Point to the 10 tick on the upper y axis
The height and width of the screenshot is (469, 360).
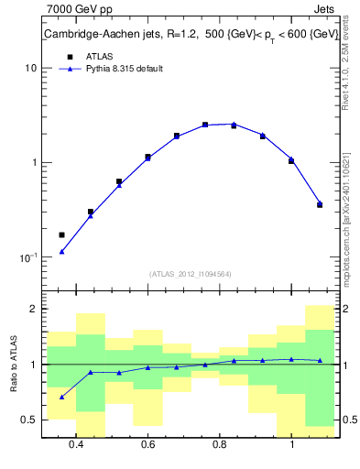[30, 69]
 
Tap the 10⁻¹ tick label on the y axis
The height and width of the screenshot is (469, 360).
[27, 257]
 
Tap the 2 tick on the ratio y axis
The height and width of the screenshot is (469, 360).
[33, 310]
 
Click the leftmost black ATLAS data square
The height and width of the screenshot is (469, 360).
[61, 235]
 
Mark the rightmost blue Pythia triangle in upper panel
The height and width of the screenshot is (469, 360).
[320, 203]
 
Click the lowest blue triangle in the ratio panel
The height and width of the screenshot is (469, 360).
[61, 397]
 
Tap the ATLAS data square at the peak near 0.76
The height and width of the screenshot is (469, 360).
[205, 125]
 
